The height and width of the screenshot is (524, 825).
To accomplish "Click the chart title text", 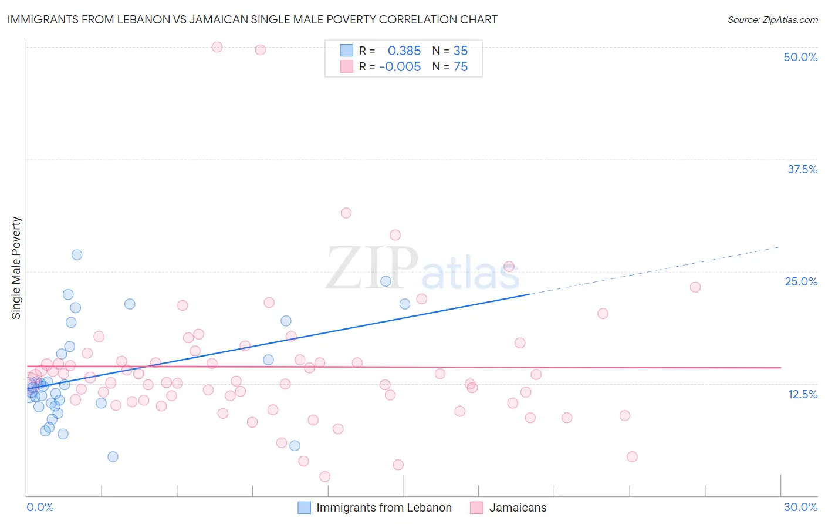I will click(252, 19).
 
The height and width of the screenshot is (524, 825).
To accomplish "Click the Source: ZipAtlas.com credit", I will click(772, 19).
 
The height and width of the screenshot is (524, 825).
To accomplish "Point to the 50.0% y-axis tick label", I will click(800, 57).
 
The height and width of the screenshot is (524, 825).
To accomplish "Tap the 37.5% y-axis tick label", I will click(802, 169).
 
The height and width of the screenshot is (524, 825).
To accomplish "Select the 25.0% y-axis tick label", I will click(801, 281).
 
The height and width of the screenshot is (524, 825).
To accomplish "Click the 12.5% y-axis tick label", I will click(802, 394).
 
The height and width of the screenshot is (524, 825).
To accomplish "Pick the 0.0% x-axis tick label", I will click(40, 507).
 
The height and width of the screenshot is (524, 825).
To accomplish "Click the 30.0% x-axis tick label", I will click(800, 507).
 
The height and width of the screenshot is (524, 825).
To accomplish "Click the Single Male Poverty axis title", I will click(16, 268).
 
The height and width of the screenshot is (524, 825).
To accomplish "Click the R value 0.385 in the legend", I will click(404, 51).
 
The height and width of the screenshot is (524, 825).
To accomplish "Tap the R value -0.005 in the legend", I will click(400, 67).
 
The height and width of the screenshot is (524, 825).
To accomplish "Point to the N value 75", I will click(461, 67).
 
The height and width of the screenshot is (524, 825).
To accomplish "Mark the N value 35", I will click(461, 51).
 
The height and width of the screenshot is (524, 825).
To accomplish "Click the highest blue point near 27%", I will click(77, 255).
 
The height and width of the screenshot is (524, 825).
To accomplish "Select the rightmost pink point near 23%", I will click(695, 287).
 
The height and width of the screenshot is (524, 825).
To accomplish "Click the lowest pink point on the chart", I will click(325, 476).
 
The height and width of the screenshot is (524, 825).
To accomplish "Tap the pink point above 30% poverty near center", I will click(346, 213).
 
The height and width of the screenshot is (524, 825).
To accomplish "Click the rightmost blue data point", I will click(405, 304).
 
